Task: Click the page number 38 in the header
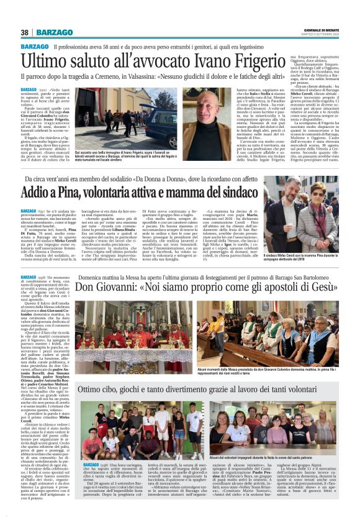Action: (x=25, y=32)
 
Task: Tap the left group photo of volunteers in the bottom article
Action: (x=128, y=430)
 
